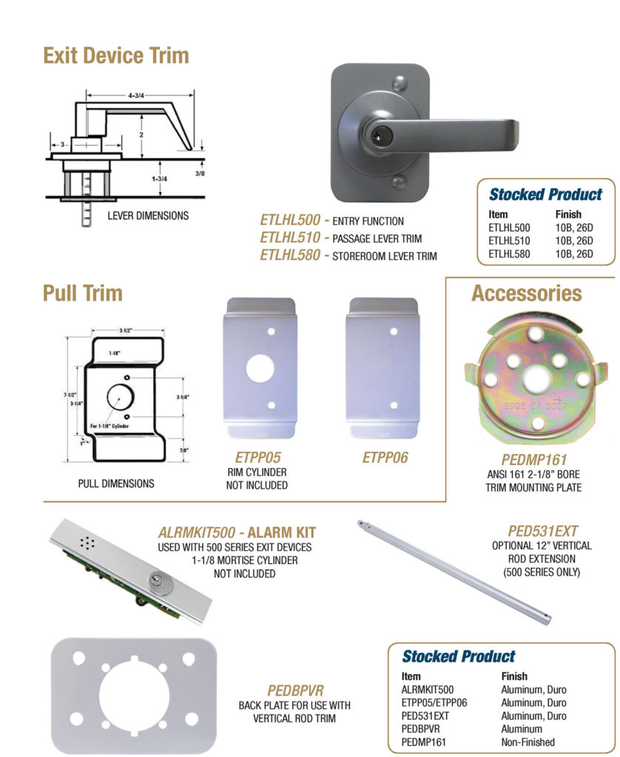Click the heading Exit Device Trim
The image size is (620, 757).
(x=115, y=55)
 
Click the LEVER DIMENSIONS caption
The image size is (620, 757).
(x=148, y=216)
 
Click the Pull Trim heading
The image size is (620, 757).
(x=82, y=293)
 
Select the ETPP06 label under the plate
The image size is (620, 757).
(x=384, y=458)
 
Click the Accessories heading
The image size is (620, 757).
(x=527, y=293)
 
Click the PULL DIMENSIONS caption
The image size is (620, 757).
(x=116, y=484)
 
